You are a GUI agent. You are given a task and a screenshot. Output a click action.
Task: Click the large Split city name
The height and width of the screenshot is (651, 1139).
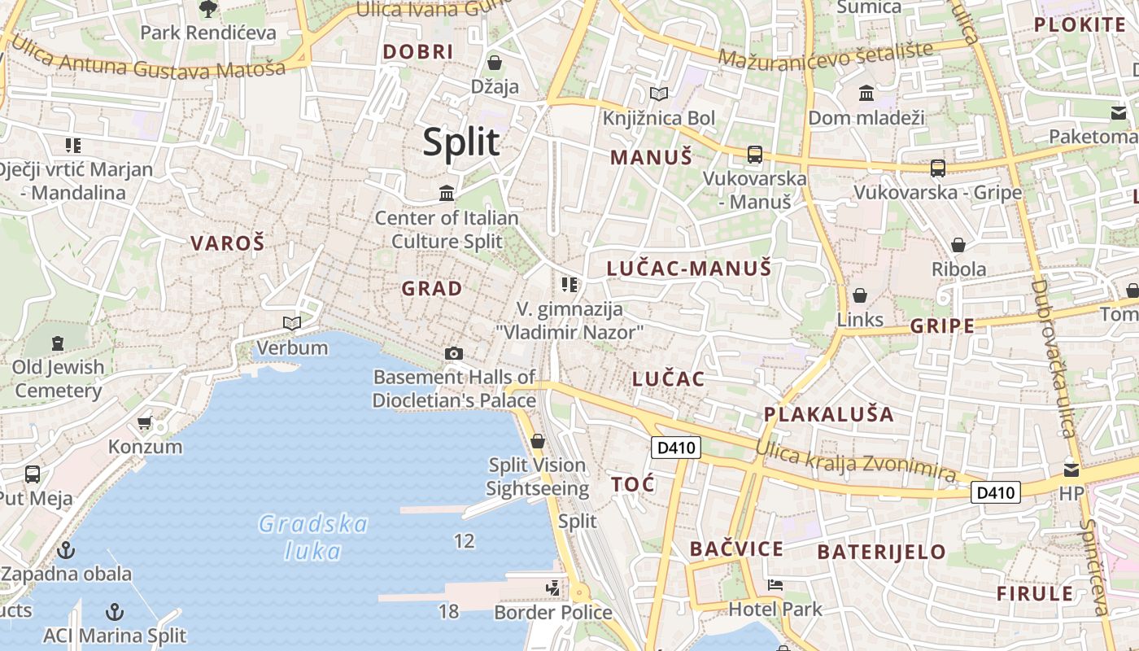click(x=460, y=142)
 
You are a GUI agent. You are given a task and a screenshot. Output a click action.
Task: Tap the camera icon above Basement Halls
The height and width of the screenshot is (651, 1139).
click(x=454, y=353)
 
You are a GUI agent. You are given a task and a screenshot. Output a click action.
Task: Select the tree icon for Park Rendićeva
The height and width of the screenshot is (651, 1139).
click(x=208, y=9)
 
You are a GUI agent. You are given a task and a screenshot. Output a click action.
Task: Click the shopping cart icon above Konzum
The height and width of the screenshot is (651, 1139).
click(x=145, y=422)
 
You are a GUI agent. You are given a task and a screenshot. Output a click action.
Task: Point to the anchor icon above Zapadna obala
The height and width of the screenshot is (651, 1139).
click(x=66, y=551)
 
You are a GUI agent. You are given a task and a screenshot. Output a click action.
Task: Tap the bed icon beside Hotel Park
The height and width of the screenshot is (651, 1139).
click(x=775, y=585)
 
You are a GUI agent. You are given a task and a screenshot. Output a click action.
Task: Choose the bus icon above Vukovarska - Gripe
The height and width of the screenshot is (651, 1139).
click(x=938, y=168)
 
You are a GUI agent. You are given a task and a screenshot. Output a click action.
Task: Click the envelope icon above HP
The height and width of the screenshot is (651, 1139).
click(x=1071, y=470)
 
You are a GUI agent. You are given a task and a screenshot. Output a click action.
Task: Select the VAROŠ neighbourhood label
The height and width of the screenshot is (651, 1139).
click(x=228, y=242)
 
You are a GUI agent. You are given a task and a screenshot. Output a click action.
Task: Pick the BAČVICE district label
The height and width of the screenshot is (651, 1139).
click(x=736, y=548)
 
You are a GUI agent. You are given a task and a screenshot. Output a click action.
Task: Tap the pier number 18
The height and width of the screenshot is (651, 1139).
click(x=449, y=611)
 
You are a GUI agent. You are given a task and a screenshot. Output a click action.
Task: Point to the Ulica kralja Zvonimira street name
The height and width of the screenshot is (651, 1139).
click(x=855, y=461)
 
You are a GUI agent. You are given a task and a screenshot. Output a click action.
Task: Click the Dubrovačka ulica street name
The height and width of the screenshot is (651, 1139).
click(x=1054, y=358)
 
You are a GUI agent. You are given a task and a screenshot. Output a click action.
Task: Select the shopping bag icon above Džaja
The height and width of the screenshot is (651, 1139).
click(x=494, y=63)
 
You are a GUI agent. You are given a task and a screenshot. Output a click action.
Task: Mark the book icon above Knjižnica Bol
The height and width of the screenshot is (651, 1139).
click(x=658, y=94)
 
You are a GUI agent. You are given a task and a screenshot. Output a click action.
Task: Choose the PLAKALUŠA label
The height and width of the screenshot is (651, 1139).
click(x=828, y=414)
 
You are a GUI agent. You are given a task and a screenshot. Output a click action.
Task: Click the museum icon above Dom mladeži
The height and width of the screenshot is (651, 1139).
click(x=866, y=94)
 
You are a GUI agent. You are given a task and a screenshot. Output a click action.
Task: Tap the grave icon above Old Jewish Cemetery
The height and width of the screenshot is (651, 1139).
click(x=58, y=343)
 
